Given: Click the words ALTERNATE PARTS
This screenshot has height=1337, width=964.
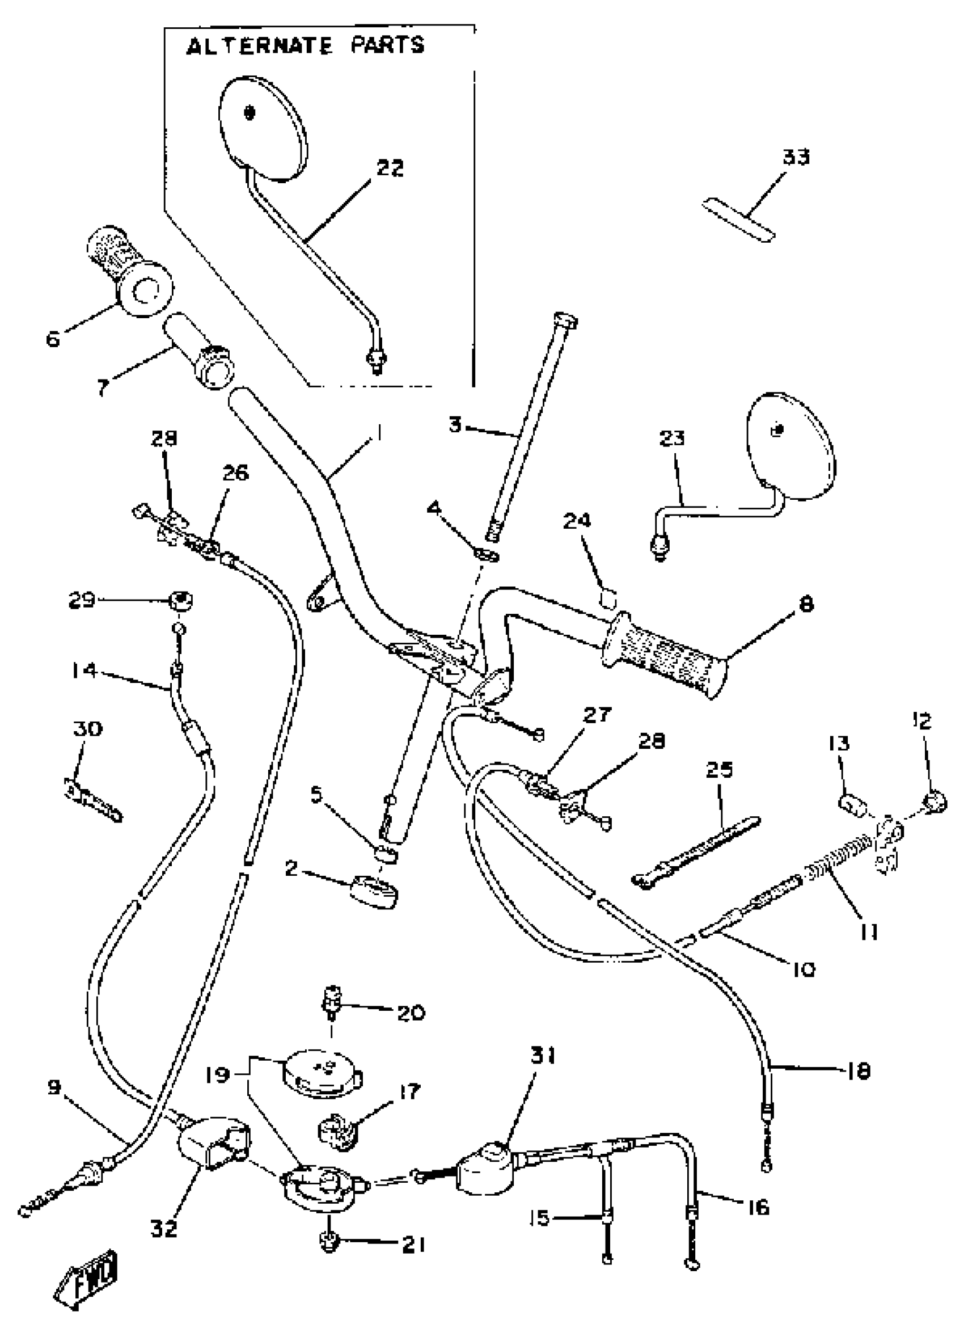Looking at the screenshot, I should pyautogui.click(x=305, y=46).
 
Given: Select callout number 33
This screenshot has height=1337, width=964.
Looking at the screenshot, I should pyautogui.click(x=796, y=157).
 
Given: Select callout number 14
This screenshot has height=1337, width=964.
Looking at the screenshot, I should pyautogui.click(x=85, y=670).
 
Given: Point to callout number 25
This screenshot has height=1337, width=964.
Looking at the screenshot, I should pyautogui.click(x=719, y=770).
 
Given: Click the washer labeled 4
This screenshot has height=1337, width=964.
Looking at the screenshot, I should pyautogui.click(x=486, y=555).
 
